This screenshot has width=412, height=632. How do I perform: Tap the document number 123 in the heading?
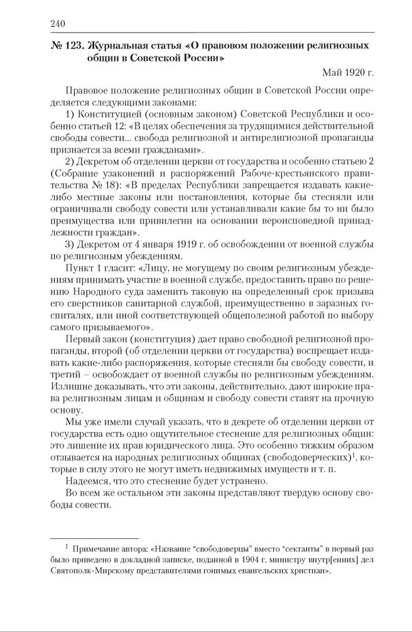tap(74, 46)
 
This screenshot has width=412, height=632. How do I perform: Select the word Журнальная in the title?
tap(119, 46)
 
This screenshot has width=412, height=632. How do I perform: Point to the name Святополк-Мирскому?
tap(89, 572)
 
